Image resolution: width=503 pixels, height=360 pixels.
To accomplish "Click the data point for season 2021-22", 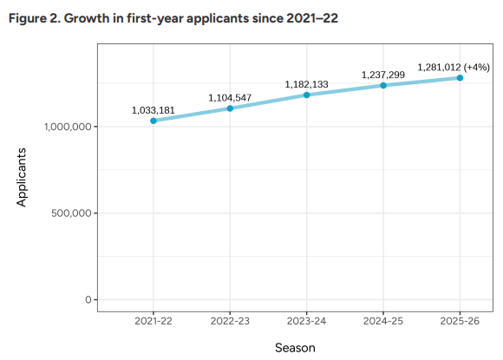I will coord(154,121).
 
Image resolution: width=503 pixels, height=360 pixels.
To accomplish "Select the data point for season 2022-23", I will coord(230,108).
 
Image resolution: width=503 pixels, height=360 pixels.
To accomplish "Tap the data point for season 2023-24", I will coord(307,95).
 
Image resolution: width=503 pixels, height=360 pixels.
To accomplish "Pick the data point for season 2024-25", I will coord(383,85).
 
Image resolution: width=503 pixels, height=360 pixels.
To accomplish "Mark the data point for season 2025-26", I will coord(460,78).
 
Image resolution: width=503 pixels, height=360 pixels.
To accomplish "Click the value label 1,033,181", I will coord(154,110).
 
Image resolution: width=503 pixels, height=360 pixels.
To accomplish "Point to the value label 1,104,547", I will coord(230,97).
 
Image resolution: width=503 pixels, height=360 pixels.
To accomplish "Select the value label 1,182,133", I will coord(307,84).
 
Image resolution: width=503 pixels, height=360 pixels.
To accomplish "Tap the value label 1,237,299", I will coord(383,75).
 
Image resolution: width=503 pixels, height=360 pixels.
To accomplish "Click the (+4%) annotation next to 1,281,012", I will coord(477,67).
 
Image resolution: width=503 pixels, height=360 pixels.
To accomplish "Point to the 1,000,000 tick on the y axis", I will coord(67,127).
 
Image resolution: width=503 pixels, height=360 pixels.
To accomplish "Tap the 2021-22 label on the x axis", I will coord(154,321).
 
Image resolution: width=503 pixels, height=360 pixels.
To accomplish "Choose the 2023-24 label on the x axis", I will coord(307,321).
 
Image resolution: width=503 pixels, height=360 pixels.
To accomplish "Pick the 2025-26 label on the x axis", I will coord(460,321).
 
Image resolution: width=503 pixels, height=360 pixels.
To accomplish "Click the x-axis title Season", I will coord(295,347).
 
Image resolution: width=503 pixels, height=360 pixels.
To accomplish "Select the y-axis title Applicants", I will coord(22,177).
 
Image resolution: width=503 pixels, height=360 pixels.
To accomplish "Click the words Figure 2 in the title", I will coord(34,19).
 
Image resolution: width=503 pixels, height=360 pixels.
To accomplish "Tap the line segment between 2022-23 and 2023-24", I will coord(269,101).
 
